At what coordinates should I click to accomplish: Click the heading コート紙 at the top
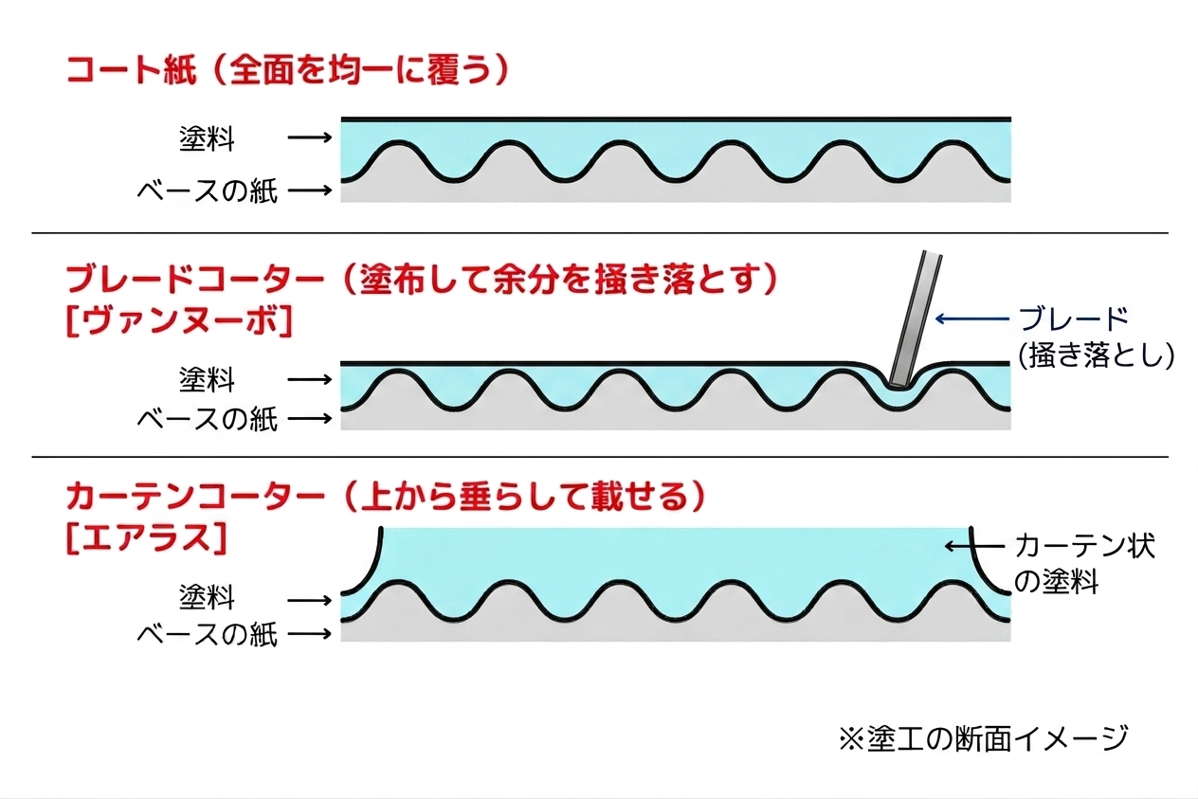point(132,70)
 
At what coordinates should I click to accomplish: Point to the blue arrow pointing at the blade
point(972,318)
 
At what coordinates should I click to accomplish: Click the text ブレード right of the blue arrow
point(1073,319)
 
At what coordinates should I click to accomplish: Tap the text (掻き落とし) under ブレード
point(1096,354)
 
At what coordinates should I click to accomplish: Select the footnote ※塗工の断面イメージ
point(984,738)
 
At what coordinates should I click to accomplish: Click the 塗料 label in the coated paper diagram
point(207,138)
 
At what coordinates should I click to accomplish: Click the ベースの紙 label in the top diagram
point(208,191)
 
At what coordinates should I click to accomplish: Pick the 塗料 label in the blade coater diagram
point(207,380)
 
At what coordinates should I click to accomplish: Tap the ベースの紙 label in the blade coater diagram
point(208,419)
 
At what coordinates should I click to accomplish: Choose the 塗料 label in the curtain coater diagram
point(207,597)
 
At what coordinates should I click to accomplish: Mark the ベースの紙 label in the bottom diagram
point(208,635)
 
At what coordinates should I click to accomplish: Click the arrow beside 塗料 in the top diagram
point(310,137)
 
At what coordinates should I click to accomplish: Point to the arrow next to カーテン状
point(974,546)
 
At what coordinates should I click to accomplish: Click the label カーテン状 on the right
point(1085,546)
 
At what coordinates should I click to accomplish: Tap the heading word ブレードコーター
point(195,279)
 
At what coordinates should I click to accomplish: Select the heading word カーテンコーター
point(195,497)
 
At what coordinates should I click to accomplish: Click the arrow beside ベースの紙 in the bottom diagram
point(310,634)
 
